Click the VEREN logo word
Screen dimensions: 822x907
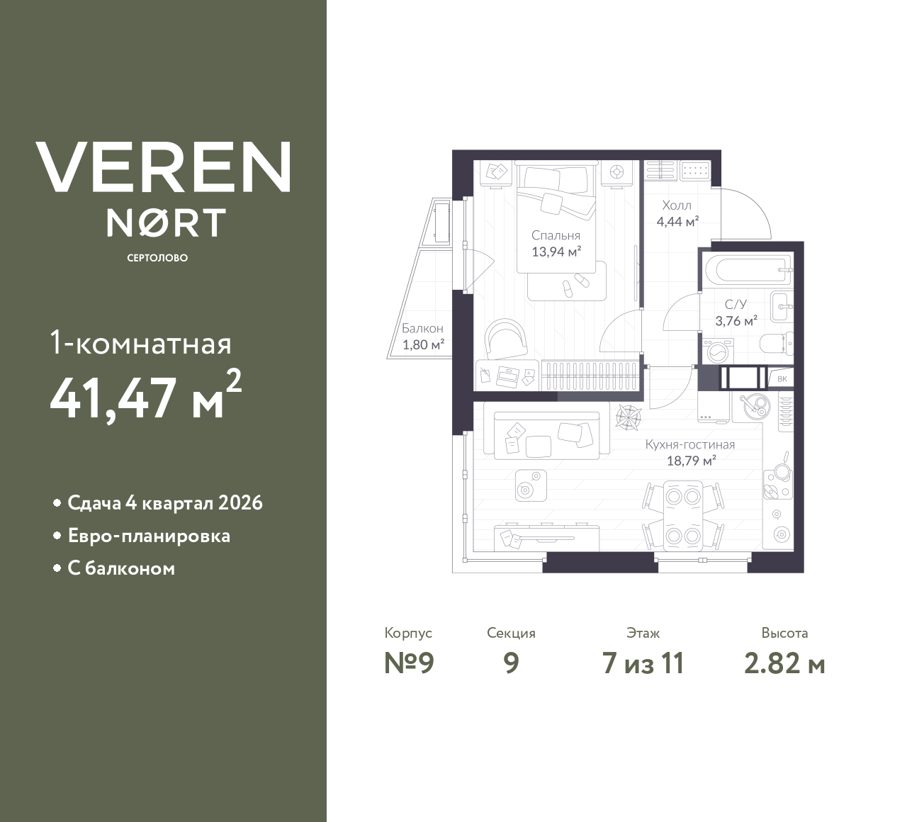[x=164, y=167]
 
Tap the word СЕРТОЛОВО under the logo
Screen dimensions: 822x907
[x=157, y=258]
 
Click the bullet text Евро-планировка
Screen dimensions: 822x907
[x=149, y=536]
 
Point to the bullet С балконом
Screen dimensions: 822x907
[x=121, y=568]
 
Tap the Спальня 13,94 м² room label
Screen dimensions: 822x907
[x=556, y=243]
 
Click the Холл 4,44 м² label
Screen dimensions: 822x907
[x=677, y=213]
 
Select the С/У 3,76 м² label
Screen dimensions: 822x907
[x=736, y=312]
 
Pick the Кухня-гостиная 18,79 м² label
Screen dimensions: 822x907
[x=689, y=452]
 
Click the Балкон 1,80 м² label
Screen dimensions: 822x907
[x=422, y=337]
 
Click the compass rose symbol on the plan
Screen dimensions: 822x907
[x=628, y=417]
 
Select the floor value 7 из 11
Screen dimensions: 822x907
[x=643, y=663]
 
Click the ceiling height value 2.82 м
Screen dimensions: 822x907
[x=784, y=663]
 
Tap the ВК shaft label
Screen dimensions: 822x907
[x=782, y=379]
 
